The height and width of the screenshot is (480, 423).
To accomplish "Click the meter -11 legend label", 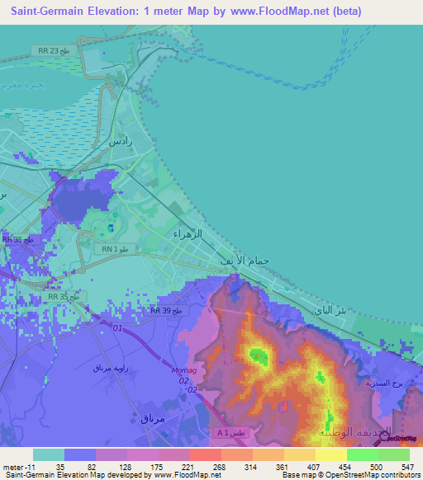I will tap(18, 467).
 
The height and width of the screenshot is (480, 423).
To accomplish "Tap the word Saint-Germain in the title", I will tap(46, 12).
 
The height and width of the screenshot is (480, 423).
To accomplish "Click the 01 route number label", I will tap(116, 328).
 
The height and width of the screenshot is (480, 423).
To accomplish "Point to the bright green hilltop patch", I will tap(259, 356).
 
